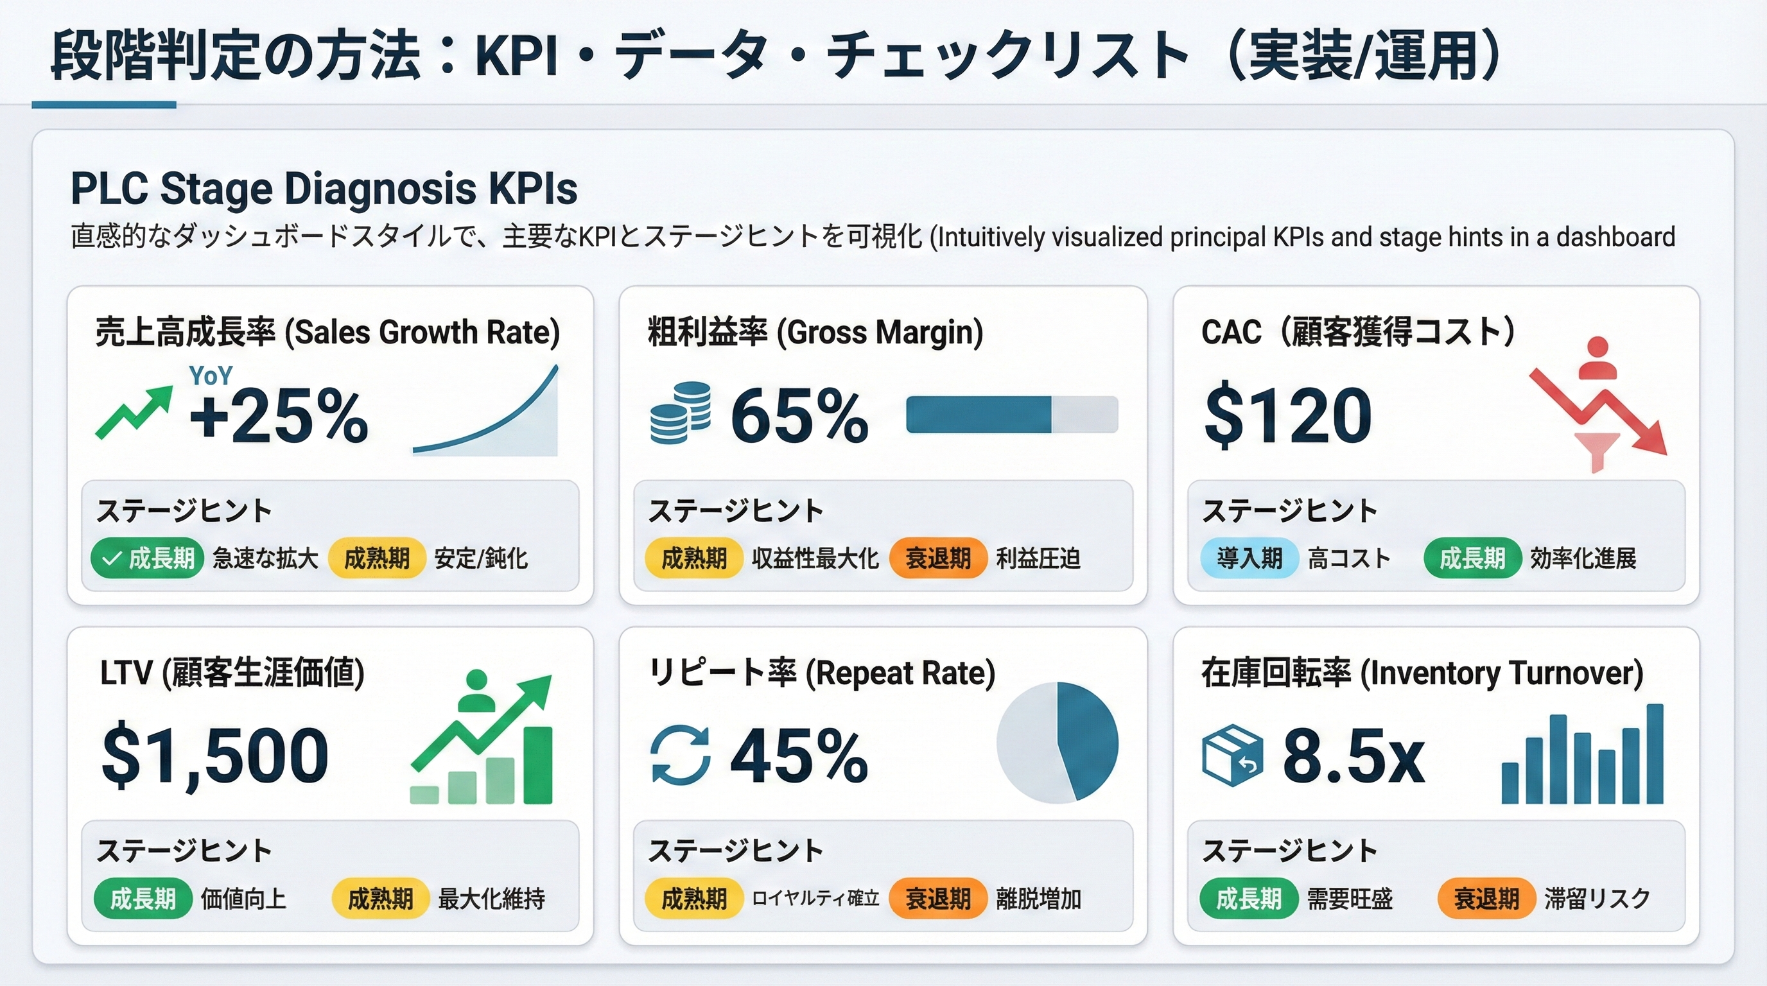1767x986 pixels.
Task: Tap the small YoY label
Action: point(211,376)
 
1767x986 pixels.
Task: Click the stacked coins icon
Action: point(680,413)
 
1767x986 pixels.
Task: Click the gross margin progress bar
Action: point(1011,415)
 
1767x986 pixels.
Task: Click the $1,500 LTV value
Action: point(214,756)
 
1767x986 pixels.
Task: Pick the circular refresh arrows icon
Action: point(680,754)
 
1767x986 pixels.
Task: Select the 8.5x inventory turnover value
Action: point(1353,756)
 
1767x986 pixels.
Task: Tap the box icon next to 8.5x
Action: point(1232,755)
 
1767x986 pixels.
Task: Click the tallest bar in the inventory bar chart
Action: point(1655,754)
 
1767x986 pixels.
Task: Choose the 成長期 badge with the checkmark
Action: point(148,558)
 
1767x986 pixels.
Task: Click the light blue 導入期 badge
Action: point(1249,558)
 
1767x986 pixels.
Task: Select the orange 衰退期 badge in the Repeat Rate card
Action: point(937,898)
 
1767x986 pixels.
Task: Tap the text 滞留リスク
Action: point(1596,898)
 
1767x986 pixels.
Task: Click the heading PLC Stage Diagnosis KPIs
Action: point(324,189)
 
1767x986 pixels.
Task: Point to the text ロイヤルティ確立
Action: point(815,898)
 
